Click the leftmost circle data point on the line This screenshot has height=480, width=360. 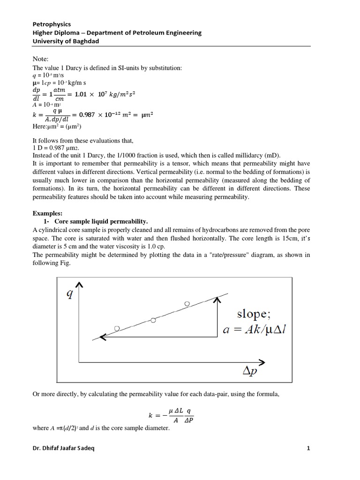[x=117, y=328]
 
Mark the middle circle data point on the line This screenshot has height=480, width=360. [x=153, y=320]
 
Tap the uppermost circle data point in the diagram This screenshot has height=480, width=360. [x=187, y=304]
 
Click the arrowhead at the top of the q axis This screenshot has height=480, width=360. [x=80, y=285]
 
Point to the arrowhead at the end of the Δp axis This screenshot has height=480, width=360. [x=263, y=362]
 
